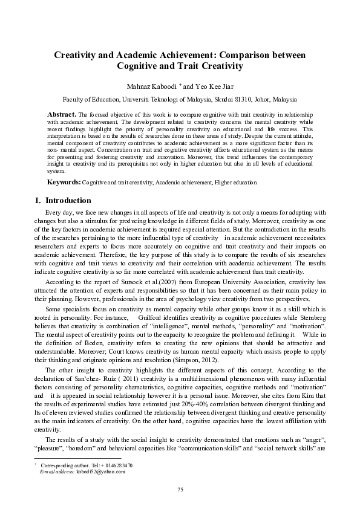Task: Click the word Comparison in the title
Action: [250, 55]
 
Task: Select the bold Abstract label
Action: [62, 114]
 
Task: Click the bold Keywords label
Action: [64, 182]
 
